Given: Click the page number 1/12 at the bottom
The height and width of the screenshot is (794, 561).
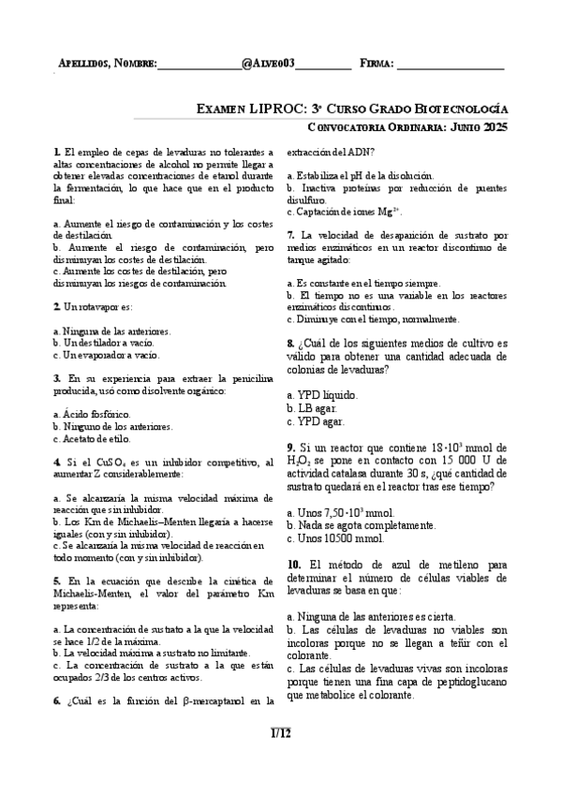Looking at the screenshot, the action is coord(280,732).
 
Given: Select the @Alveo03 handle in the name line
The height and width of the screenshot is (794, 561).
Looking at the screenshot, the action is coord(268,64).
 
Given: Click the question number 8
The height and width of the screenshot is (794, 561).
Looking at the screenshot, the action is coord(291,343).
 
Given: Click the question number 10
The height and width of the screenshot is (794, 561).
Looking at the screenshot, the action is coord(294,565).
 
